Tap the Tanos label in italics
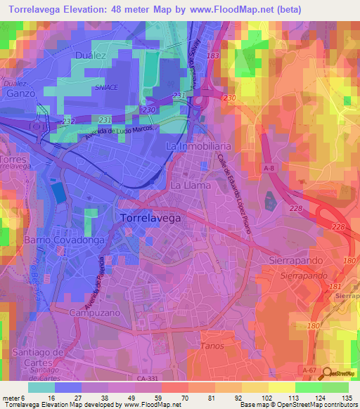212,346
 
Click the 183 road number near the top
214,55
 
